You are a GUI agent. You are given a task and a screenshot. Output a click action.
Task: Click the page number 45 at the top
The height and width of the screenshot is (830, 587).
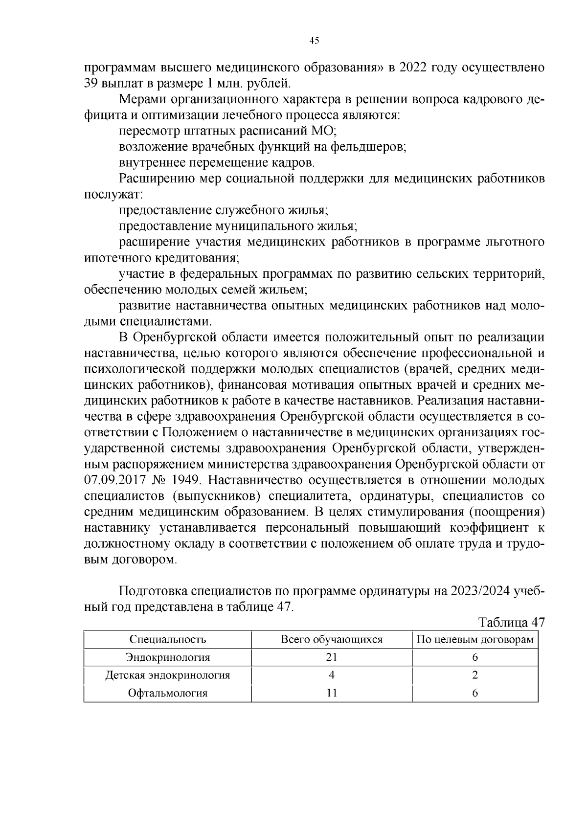(x=314, y=41)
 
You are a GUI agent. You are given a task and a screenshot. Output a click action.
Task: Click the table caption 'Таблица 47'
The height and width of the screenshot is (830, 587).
(x=511, y=623)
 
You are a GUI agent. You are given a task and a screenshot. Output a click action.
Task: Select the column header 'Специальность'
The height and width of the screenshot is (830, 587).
(x=168, y=640)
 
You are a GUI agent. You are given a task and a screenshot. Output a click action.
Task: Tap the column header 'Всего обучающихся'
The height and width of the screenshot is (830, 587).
(x=332, y=640)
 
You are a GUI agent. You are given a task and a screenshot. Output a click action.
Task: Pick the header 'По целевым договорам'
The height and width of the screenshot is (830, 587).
(x=474, y=640)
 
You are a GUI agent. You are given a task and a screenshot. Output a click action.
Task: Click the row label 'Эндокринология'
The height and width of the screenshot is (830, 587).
(x=168, y=657)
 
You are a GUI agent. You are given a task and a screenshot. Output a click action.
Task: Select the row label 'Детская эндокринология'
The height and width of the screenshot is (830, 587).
(x=168, y=675)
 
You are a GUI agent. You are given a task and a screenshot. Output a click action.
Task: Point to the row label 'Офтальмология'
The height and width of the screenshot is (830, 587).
(x=168, y=693)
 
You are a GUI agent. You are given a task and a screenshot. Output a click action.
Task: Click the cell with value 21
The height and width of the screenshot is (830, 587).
(x=332, y=657)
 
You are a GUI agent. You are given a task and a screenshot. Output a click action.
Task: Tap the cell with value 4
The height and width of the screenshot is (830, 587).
(x=332, y=675)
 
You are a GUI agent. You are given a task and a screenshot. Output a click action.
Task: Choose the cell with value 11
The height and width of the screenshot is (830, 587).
(x=332, y=693)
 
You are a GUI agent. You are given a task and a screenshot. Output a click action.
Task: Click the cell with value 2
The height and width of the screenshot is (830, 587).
(x=475, y=675)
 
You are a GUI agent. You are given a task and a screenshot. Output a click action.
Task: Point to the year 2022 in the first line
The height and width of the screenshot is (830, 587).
(x=417, y=67)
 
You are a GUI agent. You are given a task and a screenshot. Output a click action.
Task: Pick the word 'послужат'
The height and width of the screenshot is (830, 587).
(x=113, y=195)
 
